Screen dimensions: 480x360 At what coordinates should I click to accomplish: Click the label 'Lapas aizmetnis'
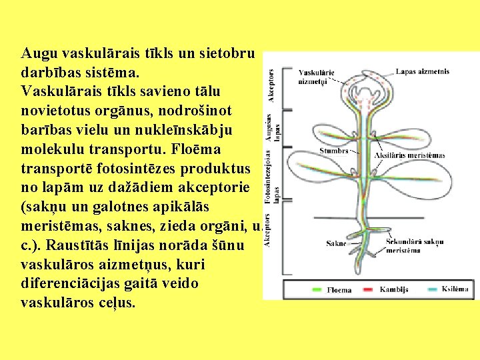[x=422, y=71]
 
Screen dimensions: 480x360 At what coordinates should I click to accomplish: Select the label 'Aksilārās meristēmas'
[x=410, y=155]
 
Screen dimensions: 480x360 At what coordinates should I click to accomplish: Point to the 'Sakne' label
[x=336, y=243]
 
